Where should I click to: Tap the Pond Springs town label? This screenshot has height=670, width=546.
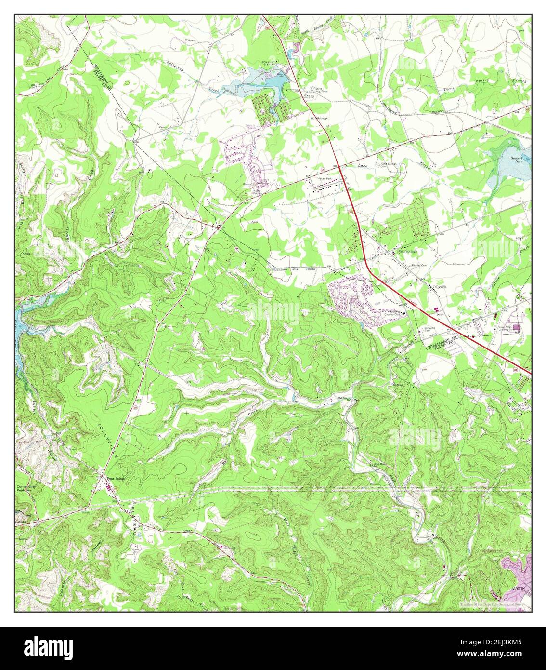pos(406,251)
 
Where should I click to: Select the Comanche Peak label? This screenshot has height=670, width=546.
pos(27,489)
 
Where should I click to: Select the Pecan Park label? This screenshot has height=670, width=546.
pos(325,178)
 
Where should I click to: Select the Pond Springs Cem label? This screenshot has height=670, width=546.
pos(390,165)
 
